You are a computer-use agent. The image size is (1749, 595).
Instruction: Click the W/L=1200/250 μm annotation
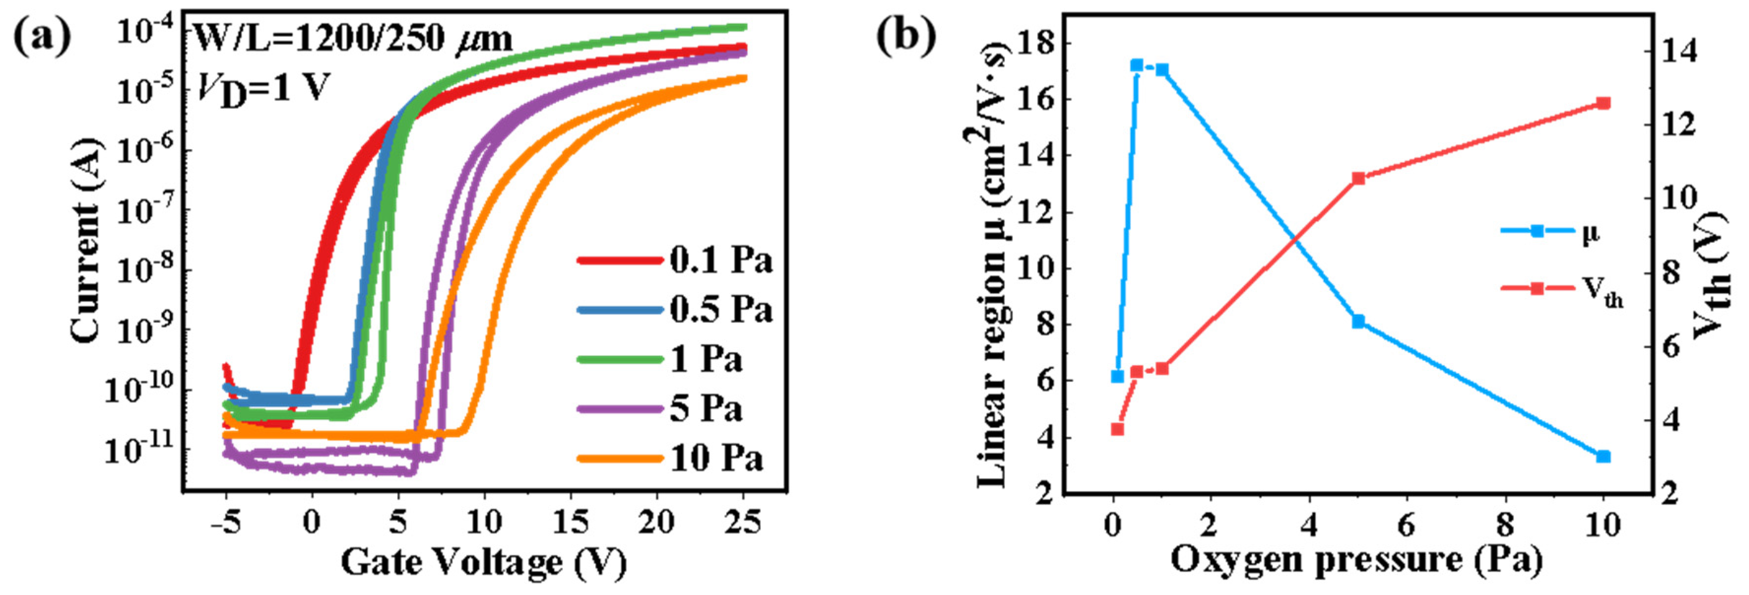(353, 39)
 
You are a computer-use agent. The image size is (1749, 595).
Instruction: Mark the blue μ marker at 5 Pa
(1358, 321)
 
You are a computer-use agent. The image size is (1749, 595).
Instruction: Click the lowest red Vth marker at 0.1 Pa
(1117, 429)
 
